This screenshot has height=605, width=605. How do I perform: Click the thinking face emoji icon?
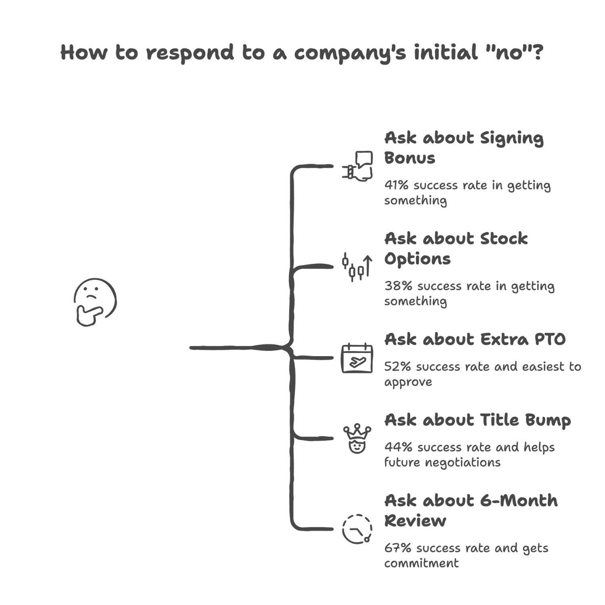95,302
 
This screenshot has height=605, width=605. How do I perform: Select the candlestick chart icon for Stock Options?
357,267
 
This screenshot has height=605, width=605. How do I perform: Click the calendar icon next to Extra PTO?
357,358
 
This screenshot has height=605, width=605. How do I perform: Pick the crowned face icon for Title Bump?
357,439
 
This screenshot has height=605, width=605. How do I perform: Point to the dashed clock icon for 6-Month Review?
357,529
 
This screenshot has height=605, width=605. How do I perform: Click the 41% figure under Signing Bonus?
396,185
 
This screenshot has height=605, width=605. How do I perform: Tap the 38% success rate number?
398,286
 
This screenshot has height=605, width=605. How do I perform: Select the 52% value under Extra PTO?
397,367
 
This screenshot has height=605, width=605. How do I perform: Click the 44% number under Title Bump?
398,447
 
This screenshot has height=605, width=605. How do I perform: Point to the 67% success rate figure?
397,548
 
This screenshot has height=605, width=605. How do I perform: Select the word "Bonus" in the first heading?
409,158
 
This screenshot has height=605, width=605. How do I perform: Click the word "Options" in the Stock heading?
417,259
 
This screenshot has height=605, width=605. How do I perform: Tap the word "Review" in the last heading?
415,521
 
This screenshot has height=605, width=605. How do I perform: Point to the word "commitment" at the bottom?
421,563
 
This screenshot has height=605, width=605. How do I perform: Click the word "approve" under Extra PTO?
408,382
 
